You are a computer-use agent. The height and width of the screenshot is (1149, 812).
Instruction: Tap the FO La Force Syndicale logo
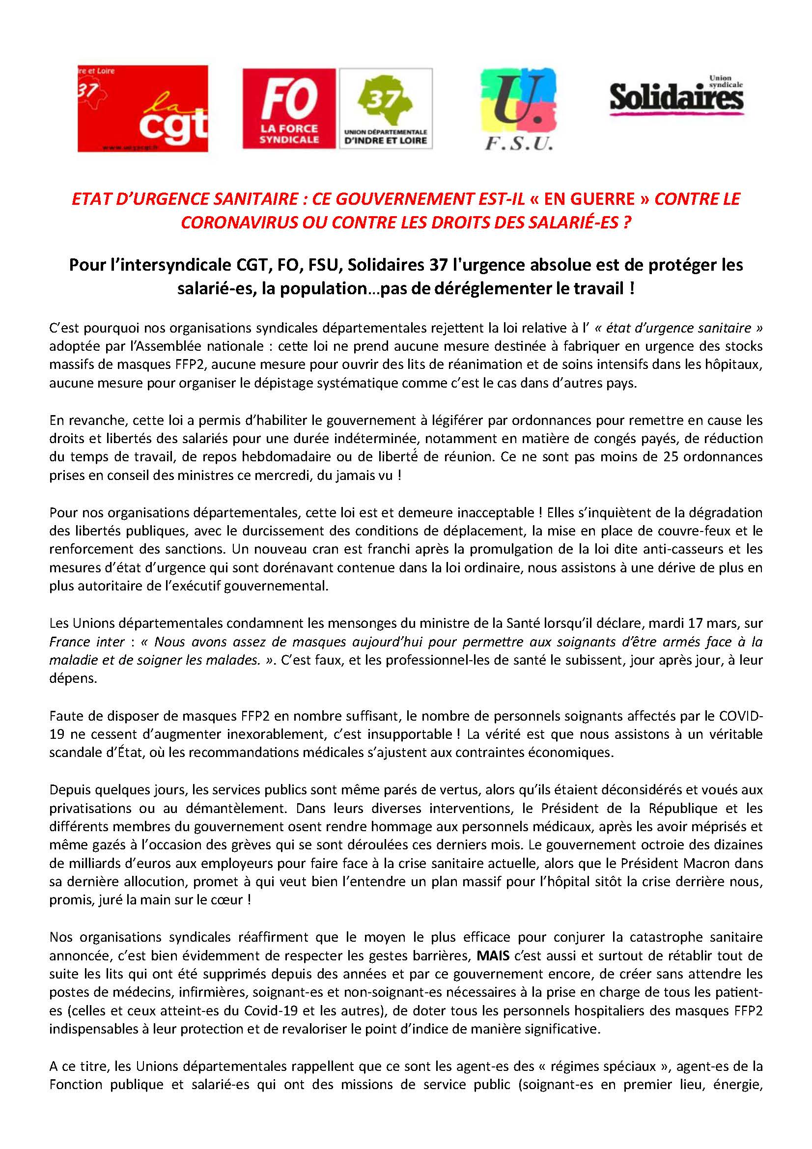(289, 108)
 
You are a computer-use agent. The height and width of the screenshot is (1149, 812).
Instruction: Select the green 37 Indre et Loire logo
(386, 108)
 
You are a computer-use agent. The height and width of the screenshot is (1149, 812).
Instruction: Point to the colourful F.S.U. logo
(518, 109)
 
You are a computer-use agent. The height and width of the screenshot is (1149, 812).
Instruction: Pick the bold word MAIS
(493, 955)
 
